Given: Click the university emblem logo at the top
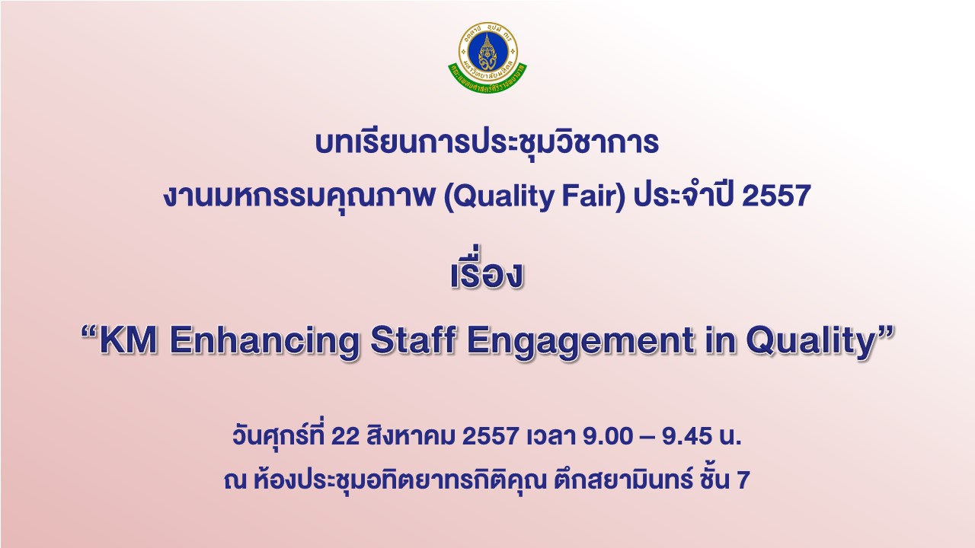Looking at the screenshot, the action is [x=487, y=56].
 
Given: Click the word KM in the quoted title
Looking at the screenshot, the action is [x=129, y=340].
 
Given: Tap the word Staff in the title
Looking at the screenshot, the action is [x=413, y=340].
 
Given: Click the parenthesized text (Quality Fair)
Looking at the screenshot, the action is [x=535, y=197].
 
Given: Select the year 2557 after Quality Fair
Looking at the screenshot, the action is [x=776, y=196].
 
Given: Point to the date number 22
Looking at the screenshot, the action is [x=345, y=436].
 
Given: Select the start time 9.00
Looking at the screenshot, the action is [x=608, y=436].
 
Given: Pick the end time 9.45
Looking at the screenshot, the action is [x=687, y=436].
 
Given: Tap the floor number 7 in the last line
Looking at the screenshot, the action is [x=743, y=480].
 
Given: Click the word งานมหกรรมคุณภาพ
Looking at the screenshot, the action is [x=299, y=197].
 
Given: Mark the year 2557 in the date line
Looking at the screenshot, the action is [x=490, y=436].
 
